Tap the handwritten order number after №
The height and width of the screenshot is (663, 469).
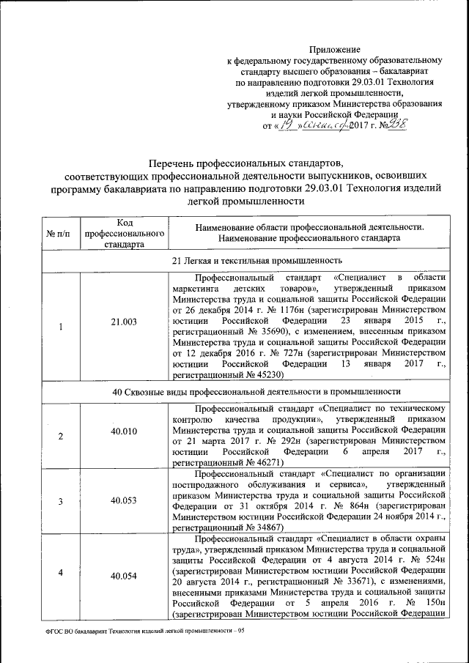pyautogui.click(x=396, y=125)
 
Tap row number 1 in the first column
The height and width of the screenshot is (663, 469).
pyautogui.click(x=60, y=325)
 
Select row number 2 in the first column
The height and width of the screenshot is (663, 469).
pyautogui.click(x=60, y=436)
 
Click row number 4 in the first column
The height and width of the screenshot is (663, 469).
pyautogui.click(x=60, y=571)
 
